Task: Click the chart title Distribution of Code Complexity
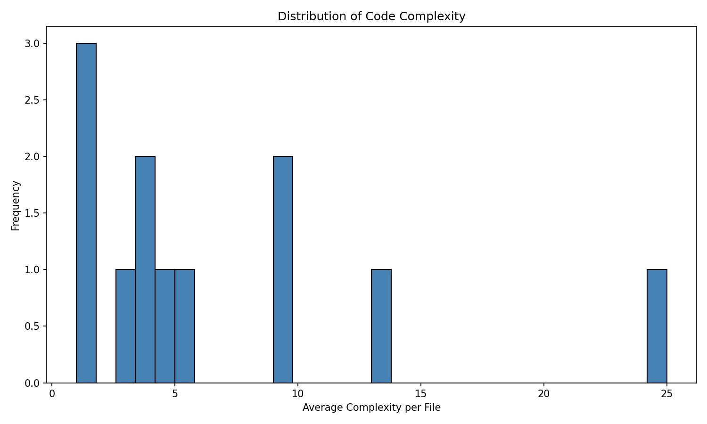(x=371, y=16)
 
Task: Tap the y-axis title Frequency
(x=16, y=205)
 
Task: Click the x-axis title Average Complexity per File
(x=371, y=408)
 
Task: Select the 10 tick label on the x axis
(x=298, y=393)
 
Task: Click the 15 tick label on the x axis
(x=421, y=393)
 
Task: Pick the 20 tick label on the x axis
(x=544, y=393)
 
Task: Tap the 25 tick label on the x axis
(x=666, y=393)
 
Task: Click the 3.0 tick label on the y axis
(x=33, y=43)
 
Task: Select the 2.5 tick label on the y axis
(x=33, y=100)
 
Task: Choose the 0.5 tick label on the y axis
(x=33, y=326)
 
